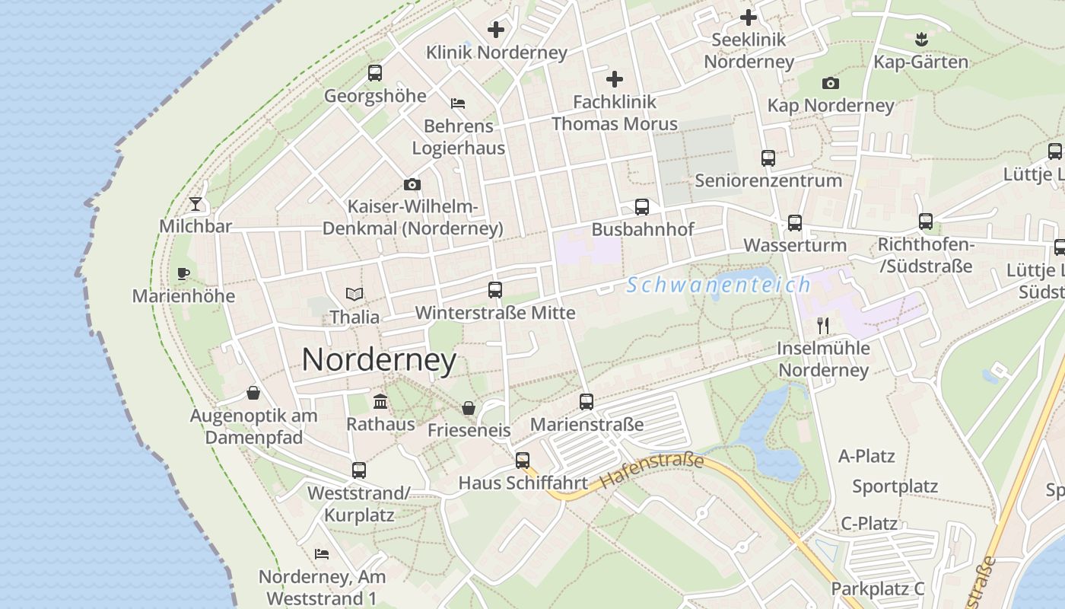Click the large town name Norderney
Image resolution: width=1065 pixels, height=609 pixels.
[379, 360]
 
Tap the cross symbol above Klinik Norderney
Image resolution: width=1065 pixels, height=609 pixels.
[496, 30]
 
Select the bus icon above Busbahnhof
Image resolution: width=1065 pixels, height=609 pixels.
[642, 207]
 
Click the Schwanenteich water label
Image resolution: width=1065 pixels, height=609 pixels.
[719, 285]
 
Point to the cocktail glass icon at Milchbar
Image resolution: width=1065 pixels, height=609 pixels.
[196, 204]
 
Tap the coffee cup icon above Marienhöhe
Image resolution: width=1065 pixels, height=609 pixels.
[183, 273]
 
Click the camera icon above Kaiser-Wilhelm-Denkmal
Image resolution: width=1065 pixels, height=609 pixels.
[412, 184]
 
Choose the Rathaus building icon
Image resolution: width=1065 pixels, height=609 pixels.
[380, 401]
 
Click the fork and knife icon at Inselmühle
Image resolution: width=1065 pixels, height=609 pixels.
[822, 326]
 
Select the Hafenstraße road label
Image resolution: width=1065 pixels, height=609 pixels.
[652, 471]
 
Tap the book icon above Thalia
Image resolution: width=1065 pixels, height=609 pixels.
[354, 294]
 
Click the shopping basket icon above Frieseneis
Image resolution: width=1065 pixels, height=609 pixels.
[469, 407]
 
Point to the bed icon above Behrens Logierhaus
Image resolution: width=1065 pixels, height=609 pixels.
[458, 104]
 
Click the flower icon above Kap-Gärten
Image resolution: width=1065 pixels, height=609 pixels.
[921, 39]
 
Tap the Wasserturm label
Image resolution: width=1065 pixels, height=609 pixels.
[795, 245]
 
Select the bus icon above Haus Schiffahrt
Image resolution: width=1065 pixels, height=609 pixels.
[522, 460]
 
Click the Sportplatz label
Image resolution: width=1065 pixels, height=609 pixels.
[895, 486]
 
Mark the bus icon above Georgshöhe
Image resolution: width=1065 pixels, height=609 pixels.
[375, 73]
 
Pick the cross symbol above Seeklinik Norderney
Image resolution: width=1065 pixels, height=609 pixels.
[749, 17]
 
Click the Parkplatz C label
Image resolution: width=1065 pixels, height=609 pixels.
[877, 588]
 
